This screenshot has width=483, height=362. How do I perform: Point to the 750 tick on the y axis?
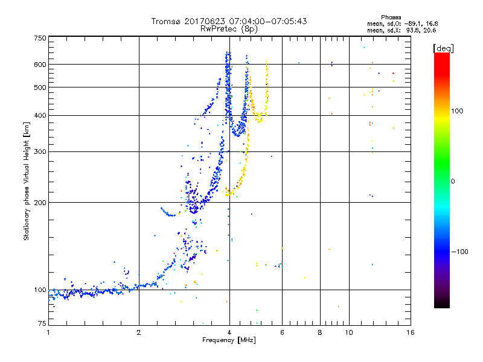40,38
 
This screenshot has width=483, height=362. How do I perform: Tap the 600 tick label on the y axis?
40,65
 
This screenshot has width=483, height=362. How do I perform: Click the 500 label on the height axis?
40,87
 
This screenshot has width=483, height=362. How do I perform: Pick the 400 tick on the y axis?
40,116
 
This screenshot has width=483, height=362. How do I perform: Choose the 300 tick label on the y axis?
40,152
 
